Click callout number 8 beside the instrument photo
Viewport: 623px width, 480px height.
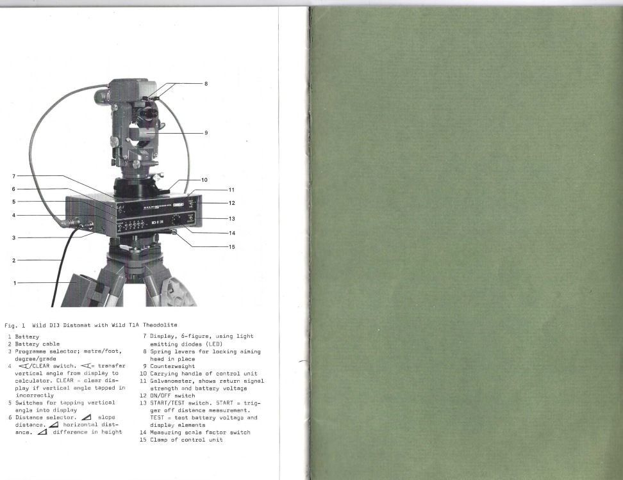tap(206, 84)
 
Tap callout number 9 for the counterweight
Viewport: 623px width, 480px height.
tap(206, 133)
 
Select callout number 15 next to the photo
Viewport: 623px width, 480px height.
tap(231, 247)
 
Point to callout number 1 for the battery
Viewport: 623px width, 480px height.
tap(15, 283)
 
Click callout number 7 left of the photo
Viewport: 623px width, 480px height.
tap(13, 176)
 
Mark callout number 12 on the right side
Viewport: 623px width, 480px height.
tap(231, 203)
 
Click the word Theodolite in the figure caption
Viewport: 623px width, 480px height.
tap(160, 325)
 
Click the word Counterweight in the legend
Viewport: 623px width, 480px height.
tap(172, 366)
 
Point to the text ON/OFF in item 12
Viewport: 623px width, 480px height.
tap(160, 396)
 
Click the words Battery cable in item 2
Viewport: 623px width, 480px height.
tap(37, 344)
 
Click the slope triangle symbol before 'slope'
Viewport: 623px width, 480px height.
tap(86, 417)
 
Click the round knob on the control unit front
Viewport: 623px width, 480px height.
tap(175, 220)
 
